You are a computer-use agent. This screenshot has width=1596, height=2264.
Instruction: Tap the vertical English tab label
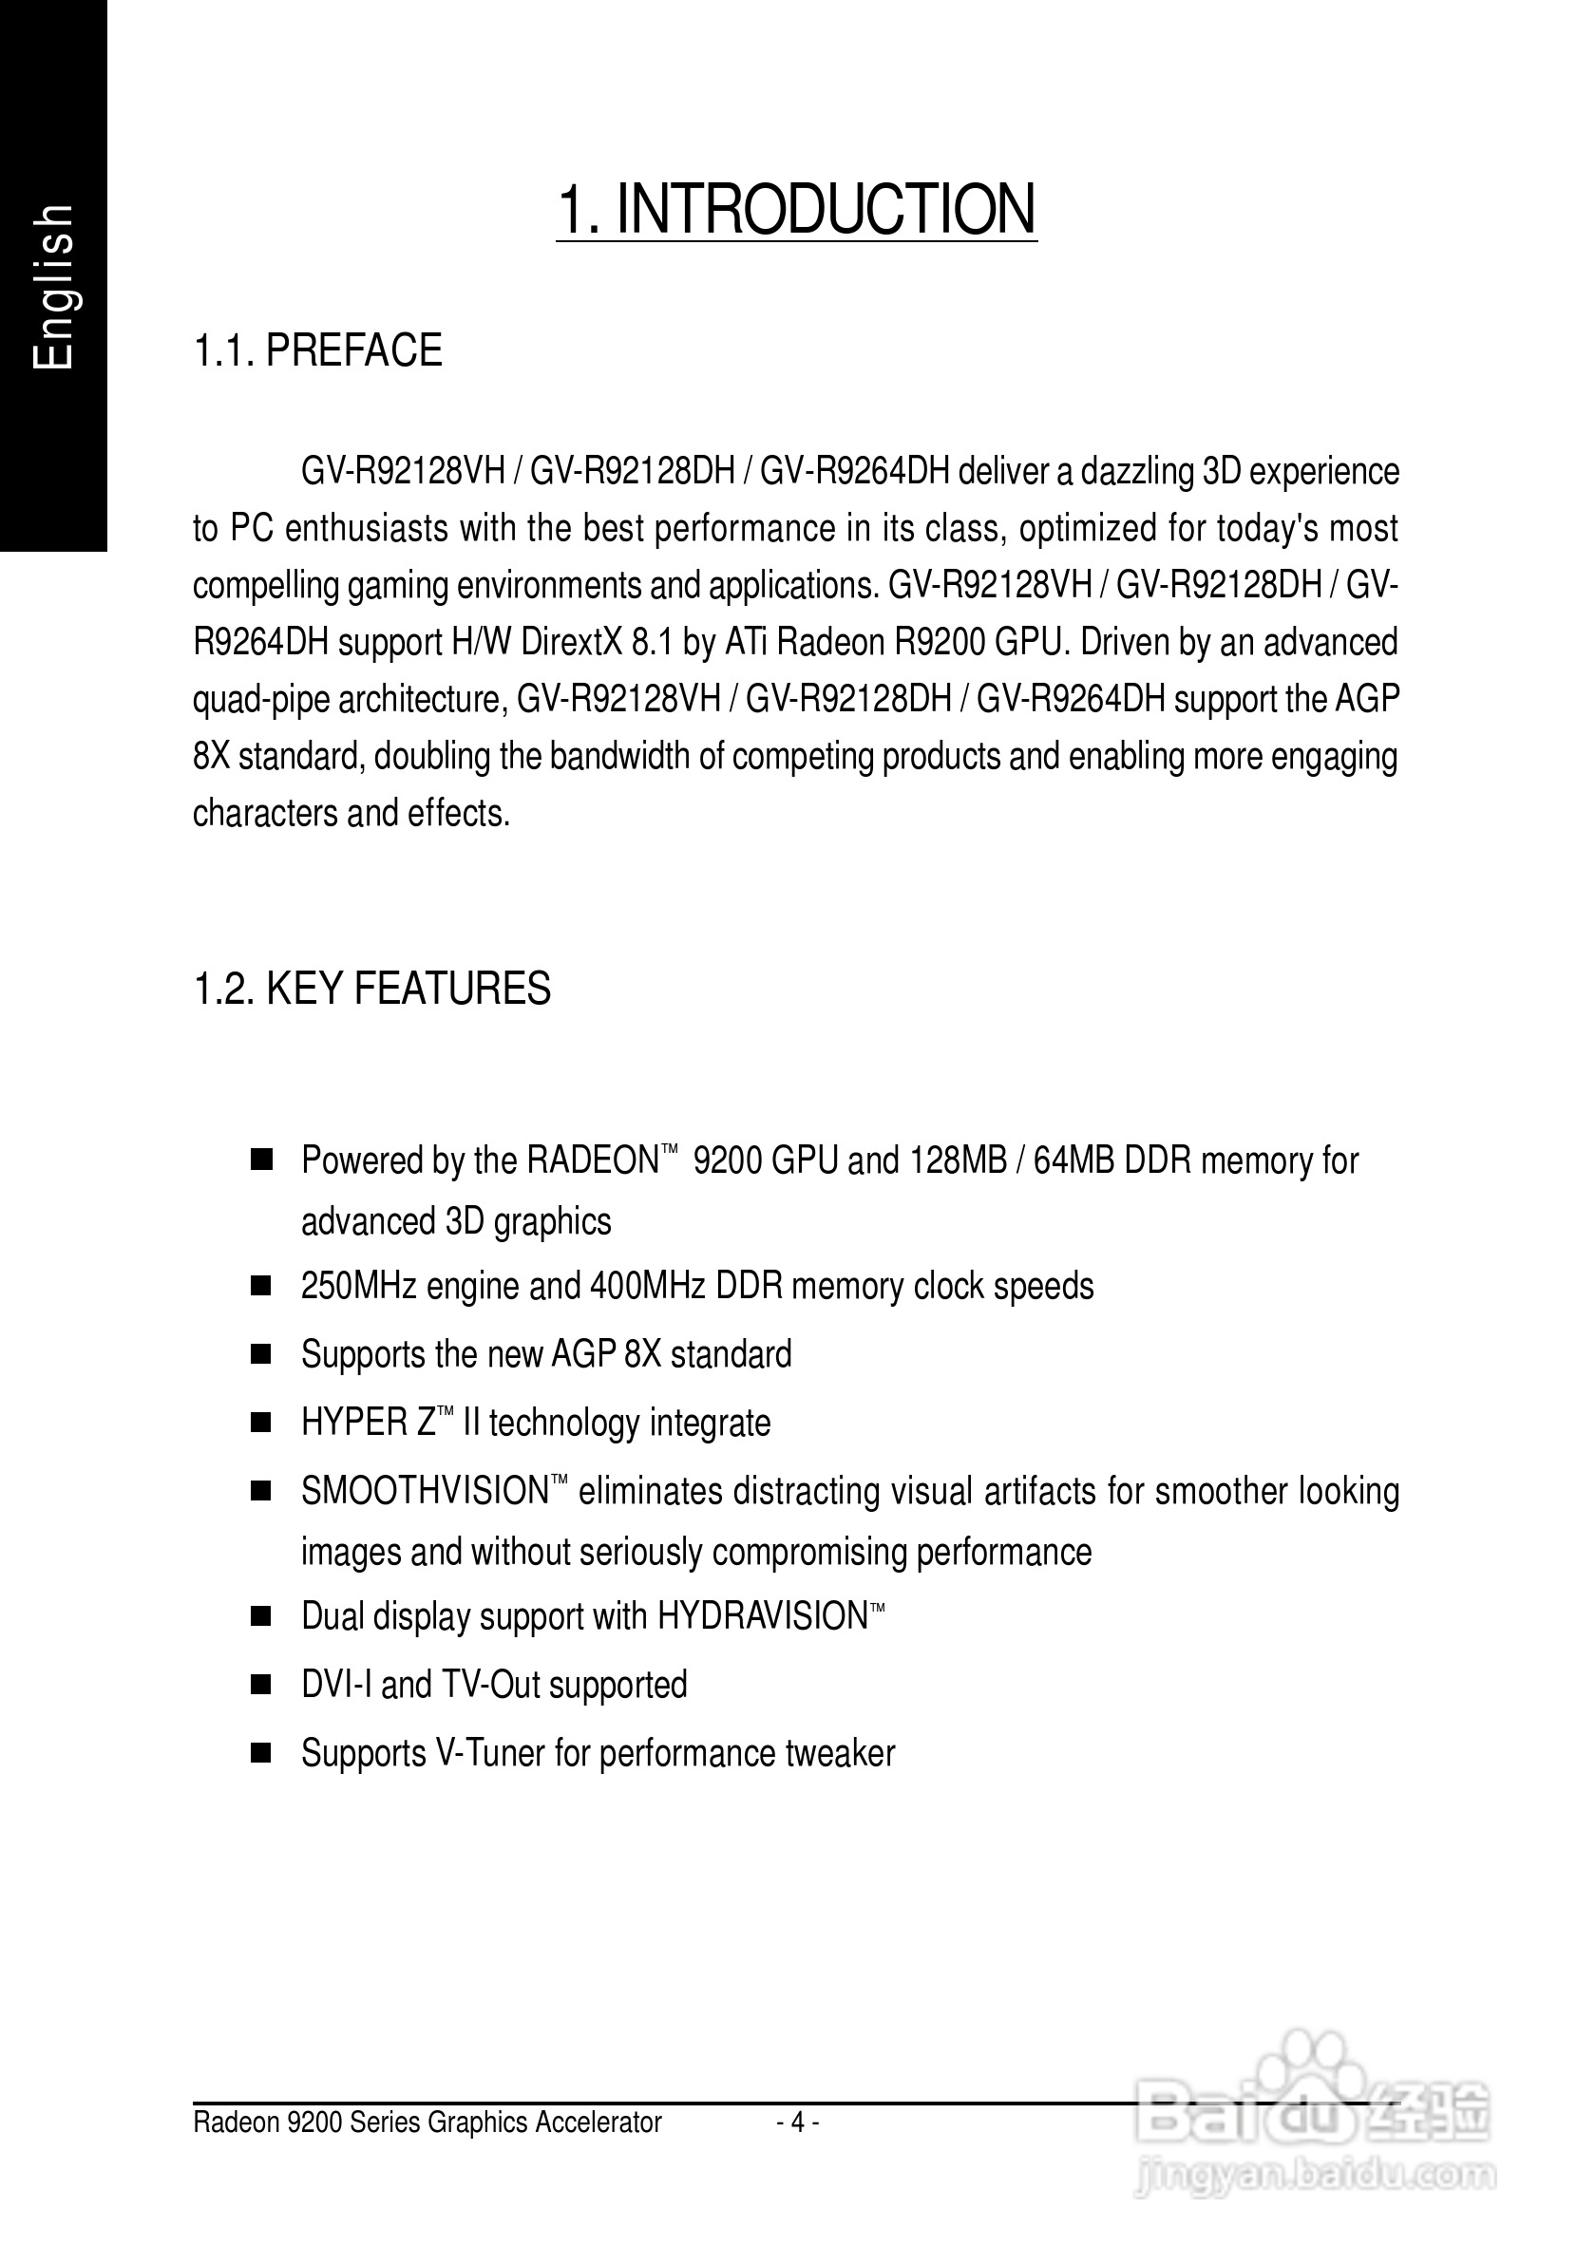(53, 287)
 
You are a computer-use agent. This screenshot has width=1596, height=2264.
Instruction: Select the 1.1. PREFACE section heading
(317, 351)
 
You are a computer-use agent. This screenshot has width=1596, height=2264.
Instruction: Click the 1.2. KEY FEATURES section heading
(371, 988)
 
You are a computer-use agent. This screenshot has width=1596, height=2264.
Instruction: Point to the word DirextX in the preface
(571, 642)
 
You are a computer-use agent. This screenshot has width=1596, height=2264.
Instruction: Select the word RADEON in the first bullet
(592, 1160)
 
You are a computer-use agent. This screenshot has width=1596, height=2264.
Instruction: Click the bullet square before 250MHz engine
(261, 1287)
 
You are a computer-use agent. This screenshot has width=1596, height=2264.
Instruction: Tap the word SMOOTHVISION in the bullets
(424, 1491)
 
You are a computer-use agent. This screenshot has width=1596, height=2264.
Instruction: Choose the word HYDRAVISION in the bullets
(762, 1616)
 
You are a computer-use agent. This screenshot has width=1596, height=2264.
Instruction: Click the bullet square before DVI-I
(261, 1686)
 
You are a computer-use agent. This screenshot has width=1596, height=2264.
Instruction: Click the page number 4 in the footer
(798, 2121)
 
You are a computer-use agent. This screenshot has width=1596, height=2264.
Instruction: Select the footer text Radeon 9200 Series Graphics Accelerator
(427, 2122)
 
